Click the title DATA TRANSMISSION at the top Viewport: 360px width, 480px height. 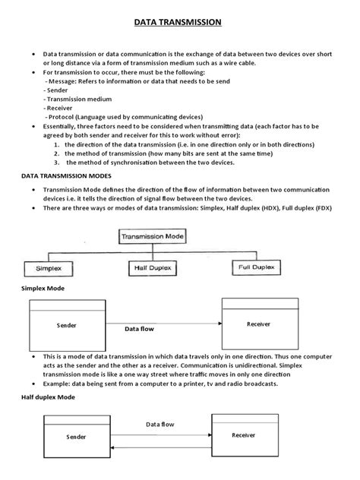pyautogui.click(x=179, y=23)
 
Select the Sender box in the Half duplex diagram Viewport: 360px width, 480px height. pyautogui.click(x=76, y=437)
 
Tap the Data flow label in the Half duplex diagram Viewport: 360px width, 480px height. pyautogui.click(x=160, y=425)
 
